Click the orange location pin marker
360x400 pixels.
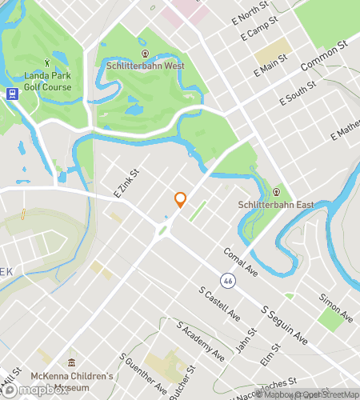click(180, 200)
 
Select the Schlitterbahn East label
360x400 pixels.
click(274, 204)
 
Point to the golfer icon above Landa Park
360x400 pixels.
click(47, 62)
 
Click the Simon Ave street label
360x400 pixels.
click(335, 307)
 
